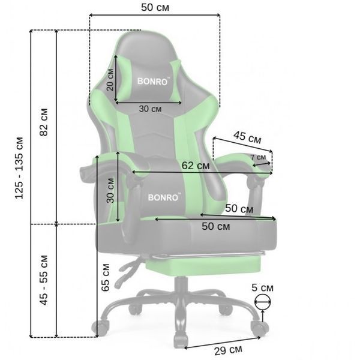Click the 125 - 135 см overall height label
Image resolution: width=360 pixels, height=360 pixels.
pos(19,168)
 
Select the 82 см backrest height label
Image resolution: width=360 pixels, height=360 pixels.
pos(44,122)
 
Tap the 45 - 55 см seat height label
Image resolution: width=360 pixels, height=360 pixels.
pos(44,280)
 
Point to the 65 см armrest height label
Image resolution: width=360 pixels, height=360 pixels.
pos(106,278)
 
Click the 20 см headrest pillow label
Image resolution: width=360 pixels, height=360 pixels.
pos(110,79)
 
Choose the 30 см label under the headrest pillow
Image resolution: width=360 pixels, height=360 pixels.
pos(150,109)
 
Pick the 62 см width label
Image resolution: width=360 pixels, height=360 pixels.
pos(196,166)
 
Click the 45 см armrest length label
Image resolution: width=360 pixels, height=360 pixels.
pos(247,137)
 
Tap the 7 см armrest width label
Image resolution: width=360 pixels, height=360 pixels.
pos(258,157)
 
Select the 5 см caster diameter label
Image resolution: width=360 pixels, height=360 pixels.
pos(262,287)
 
